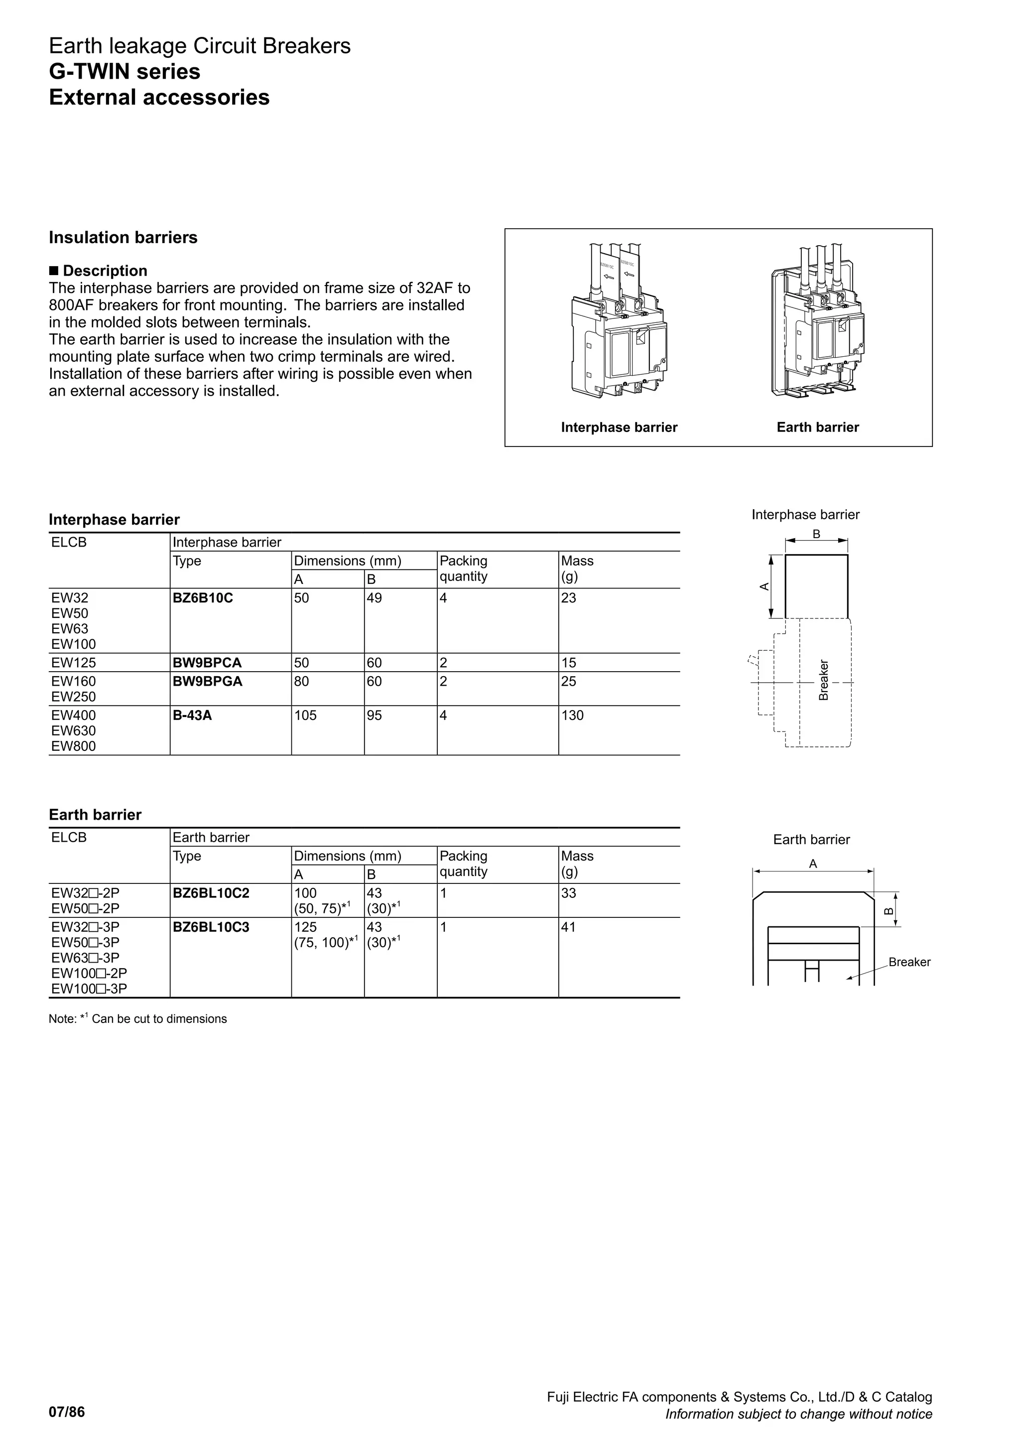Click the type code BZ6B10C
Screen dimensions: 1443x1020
point(202,598)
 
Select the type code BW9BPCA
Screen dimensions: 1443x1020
point(207,662)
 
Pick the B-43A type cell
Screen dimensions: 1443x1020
point(192,715)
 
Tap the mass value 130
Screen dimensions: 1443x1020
point(572,715)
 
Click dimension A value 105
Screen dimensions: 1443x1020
point(305,715)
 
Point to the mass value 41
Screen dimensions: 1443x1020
point(568,927)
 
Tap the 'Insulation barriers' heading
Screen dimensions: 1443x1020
point(123,238)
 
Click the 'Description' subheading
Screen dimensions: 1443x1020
point(105,271)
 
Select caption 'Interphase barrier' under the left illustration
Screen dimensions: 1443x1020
point(619,428)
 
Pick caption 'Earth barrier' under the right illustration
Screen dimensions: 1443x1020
point(817,428)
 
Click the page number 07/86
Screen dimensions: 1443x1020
point(67,1412)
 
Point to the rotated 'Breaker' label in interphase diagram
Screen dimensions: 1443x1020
point(823,680)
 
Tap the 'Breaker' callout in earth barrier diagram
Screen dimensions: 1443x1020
point(909,962)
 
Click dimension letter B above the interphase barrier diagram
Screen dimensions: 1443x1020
point(816,534)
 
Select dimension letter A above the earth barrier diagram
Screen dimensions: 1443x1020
point(813,864)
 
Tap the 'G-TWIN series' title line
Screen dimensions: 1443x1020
point(125,72)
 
